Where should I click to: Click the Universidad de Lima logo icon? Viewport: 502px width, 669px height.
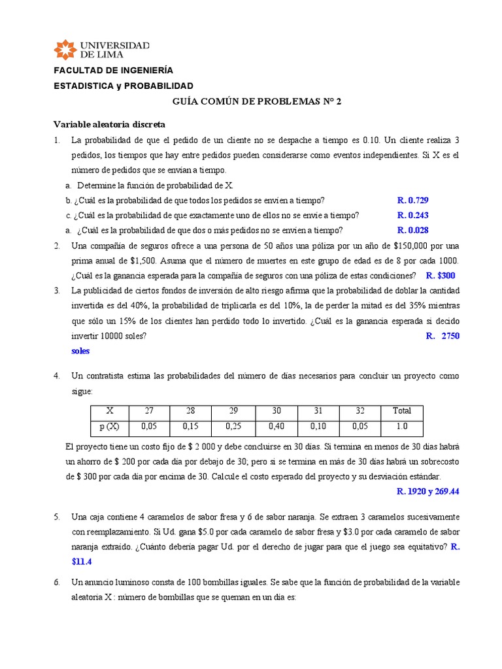(x=65, y=50)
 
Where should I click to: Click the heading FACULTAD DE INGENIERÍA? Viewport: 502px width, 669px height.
(x=113, y=71)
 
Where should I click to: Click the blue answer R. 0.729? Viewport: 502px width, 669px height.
(x=412, y=200)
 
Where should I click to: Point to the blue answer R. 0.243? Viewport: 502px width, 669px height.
(x=412, y=215)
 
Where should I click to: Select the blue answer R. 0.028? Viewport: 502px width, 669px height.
(x=412, y=230)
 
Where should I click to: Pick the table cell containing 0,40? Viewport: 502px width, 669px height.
(x=276, y=427)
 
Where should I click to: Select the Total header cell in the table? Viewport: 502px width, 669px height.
(x=401, y=411)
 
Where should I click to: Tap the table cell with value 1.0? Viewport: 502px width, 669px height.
(x=401, y=427)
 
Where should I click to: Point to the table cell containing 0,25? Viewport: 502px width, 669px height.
(x=233, y=427)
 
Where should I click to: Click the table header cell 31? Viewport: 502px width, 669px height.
(x=318, y=411)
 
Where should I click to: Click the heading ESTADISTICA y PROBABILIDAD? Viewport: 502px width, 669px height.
(x=123, y=86)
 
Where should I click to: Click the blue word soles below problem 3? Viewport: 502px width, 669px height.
(x=80, y=351)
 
